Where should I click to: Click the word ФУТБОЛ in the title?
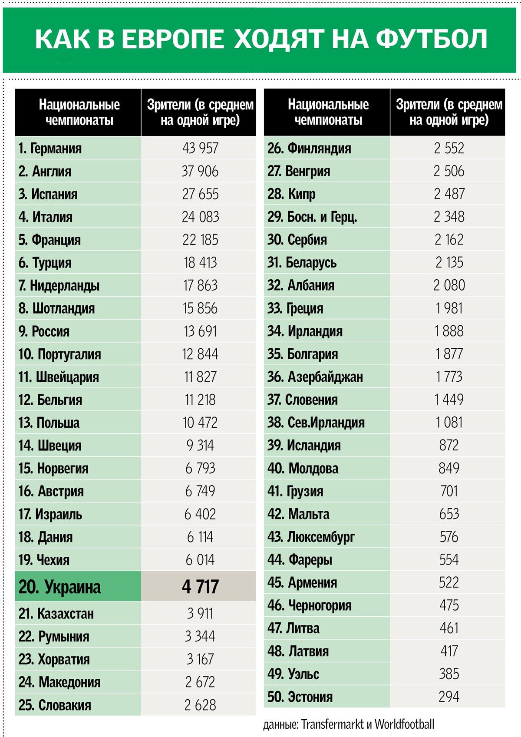(x=431, y=39)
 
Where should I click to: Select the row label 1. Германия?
(x=50, y=149)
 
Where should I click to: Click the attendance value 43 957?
(x=200, y=148)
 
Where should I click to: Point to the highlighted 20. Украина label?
(x=59, y=587)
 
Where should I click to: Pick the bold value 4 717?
(x=200, y=587)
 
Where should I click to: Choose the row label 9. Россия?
(x=44, y=331)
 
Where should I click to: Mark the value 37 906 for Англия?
(x=200, y=171)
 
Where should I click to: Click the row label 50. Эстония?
(x=300, y=697)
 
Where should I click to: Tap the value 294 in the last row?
(x=449, y=697)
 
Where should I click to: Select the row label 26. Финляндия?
(x=309, y=149)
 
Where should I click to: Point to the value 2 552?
(x=449, y=148)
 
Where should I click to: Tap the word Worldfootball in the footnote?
(x=404, y=724)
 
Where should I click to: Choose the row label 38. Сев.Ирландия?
(x=316, y=423)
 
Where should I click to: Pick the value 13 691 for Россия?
(x=200, y=331)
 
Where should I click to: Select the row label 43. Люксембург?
(x=311, y=537)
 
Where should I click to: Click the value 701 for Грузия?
(x=449, y=491)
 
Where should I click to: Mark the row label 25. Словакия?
(x=55, y=705)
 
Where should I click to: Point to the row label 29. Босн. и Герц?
(x=312, y=217)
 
